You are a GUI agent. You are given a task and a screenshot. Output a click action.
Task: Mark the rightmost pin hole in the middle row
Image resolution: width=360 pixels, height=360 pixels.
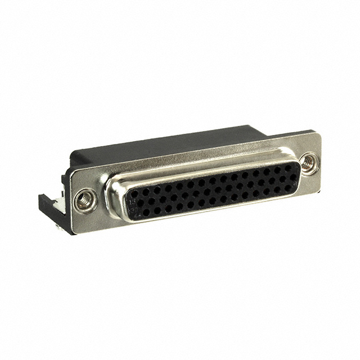[x=292, y=177]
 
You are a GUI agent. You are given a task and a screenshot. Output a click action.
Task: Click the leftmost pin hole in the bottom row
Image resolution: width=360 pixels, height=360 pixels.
[x=145, y=212]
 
